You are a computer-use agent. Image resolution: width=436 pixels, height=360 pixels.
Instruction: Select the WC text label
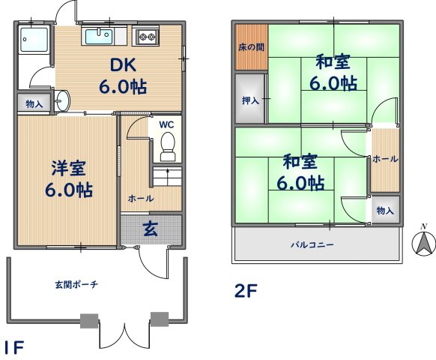tap(166, 124)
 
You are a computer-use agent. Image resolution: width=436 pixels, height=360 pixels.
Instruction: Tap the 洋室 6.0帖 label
tap(67, 179)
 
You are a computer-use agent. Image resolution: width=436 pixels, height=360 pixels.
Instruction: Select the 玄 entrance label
tap(151, 227)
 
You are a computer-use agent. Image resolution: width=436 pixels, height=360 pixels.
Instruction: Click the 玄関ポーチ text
tap(76, 284)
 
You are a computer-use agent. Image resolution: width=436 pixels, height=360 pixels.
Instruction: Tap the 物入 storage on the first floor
tap(34, 103)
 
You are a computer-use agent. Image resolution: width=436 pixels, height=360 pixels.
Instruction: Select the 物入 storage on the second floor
tap(385, 211)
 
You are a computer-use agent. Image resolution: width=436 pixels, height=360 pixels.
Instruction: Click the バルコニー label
tap(312, 244)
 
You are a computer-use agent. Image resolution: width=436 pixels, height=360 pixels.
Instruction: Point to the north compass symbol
tap(424, 241)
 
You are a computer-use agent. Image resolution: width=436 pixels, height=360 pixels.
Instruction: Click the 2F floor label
tap(246, 291)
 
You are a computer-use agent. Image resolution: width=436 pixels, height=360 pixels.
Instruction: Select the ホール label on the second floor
tap(385, 159)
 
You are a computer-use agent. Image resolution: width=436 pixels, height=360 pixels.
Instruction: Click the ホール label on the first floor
tap(141, 199)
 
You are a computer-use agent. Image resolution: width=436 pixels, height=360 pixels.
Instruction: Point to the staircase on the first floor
tap(167, 178)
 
